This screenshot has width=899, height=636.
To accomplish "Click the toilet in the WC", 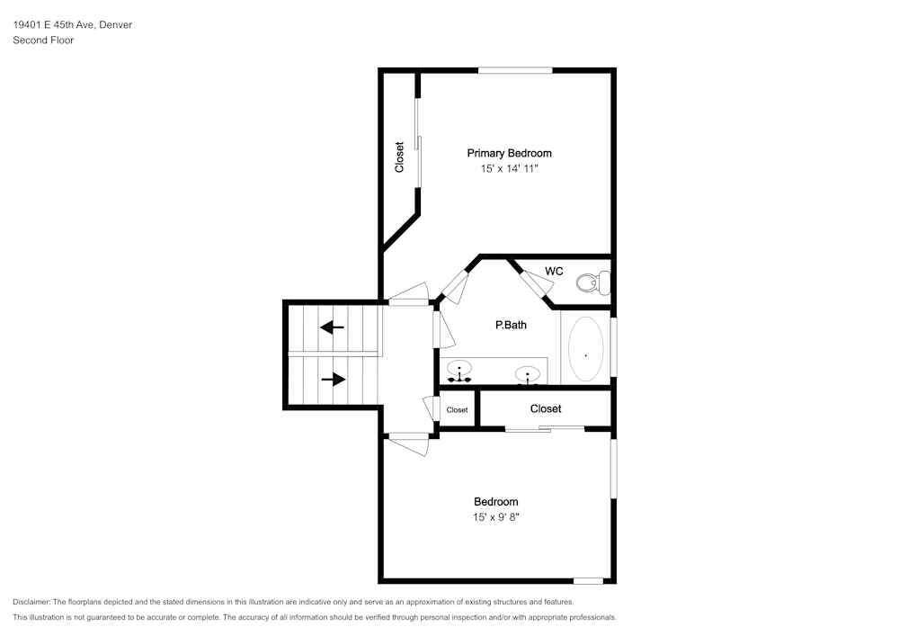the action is point(592,282).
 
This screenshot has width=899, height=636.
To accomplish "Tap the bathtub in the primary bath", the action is point(585,349).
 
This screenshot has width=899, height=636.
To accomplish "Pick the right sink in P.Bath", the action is point(528,374).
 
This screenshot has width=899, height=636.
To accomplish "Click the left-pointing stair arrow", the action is point(332,327).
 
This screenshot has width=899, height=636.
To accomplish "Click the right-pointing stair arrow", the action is point(334,379).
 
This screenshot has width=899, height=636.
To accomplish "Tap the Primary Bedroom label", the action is point(509,153).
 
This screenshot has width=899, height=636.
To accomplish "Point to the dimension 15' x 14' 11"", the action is point(509,168).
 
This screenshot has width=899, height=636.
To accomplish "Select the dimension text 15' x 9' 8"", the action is point(496,517).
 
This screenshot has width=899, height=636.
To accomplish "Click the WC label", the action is point(554,272).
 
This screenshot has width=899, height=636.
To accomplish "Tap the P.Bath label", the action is point(511,325).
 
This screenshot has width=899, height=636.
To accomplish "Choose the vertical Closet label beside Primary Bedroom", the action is point(399,157).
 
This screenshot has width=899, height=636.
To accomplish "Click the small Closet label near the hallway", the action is point(457,410).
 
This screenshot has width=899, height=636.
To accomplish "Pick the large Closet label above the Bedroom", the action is point(546,409).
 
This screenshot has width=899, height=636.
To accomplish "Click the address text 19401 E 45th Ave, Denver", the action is point(73,24).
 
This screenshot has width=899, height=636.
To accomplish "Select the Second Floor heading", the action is point(43,40).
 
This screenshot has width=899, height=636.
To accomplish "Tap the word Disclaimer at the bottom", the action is point(31,602).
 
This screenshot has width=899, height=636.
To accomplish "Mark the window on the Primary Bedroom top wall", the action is point(515,70).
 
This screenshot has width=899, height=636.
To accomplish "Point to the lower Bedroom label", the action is point(496,502).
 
